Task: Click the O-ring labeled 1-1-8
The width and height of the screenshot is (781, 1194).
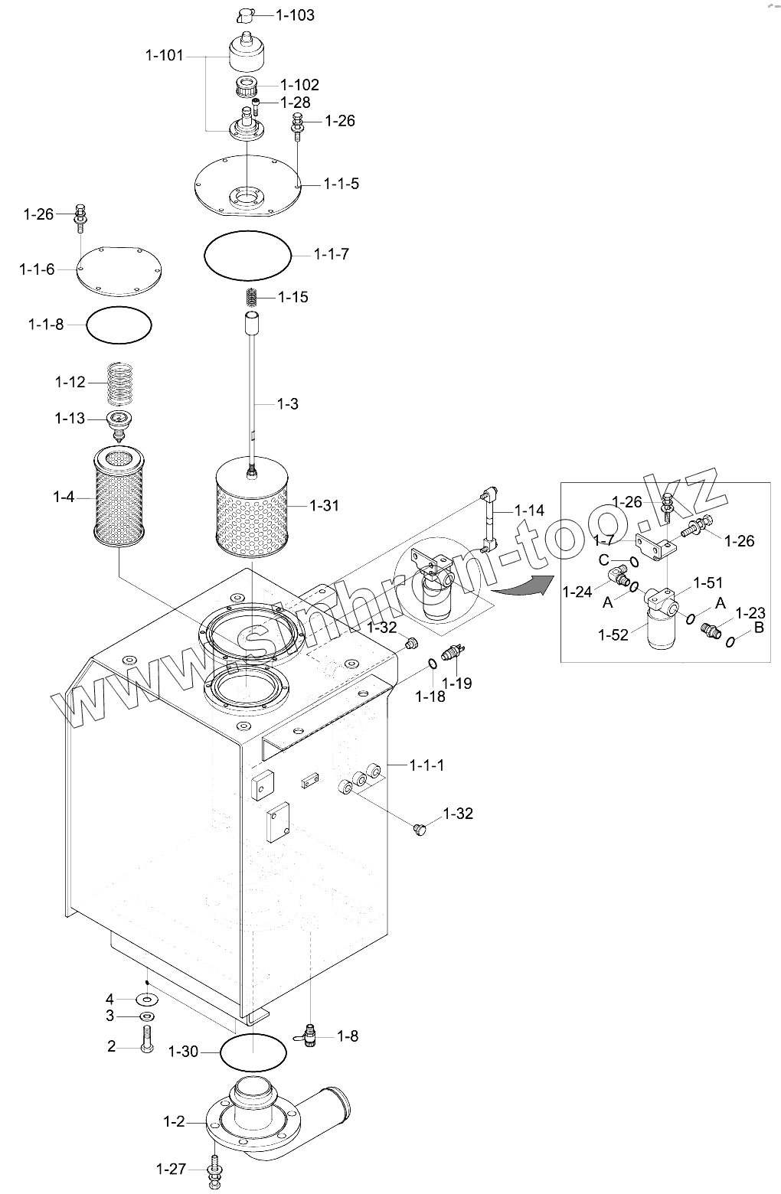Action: pyautogui.click(x=119, y=325)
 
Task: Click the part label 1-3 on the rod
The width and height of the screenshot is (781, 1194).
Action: pyautogui.click(x=287, y=403)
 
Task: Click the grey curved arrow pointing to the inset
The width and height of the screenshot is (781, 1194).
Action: pyautogui.click(x=519, y=586)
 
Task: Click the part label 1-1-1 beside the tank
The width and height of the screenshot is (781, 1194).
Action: pyautogui.click(x=426, y=765)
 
